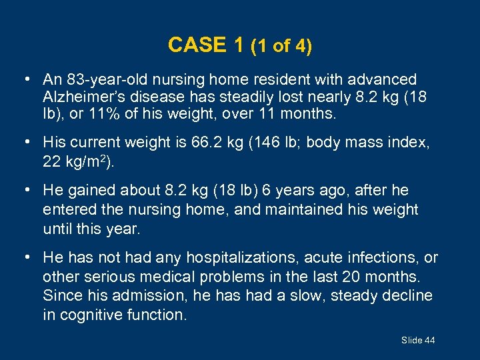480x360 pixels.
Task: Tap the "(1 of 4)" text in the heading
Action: [x=281, y=45]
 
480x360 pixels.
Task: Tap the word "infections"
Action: [x=387, y=257]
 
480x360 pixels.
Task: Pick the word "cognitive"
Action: [x=89, y=315]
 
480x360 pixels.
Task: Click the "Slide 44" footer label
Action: [x=418, y=341]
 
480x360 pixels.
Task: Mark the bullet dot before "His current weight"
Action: [x=25, y=142]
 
